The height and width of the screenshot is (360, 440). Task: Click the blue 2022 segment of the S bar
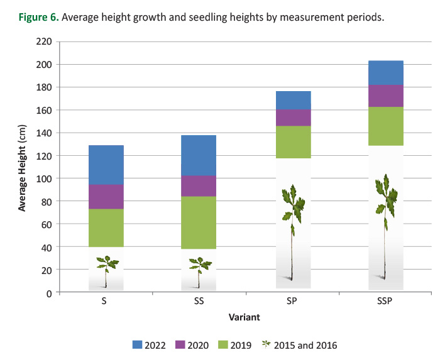(106, 165)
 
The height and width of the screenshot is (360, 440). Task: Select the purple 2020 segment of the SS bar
(199, 186)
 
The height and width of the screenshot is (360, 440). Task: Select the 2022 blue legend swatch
(139, 345)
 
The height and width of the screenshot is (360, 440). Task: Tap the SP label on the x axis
(293, 302)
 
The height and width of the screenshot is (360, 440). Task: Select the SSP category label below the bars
(385, 302)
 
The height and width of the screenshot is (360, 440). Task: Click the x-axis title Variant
(245, 318)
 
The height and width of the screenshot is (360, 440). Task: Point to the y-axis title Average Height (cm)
(22, 166)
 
